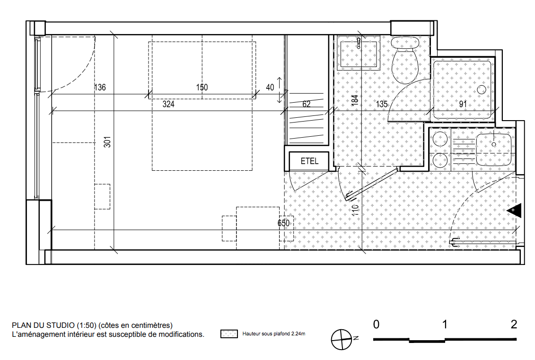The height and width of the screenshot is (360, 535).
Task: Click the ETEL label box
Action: click(309, 161)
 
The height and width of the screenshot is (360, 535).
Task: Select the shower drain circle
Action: click(482, 90)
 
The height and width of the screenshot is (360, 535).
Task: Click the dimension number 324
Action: click(168, 104)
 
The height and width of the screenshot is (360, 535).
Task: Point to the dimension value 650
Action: click(283, 223)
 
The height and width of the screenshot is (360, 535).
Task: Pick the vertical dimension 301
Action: click(107, 142)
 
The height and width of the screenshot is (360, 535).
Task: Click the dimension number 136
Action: click(100, 88)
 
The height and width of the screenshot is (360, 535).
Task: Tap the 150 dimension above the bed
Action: click(202, 88)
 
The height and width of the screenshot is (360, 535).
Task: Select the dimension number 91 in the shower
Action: click(463, 104)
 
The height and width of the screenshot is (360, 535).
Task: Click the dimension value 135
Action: click(382, 104)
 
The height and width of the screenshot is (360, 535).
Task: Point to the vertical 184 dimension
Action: click(355, 100)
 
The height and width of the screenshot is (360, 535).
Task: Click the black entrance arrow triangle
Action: click(514, 211)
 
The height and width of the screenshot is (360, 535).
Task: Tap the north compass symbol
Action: click(342, 340)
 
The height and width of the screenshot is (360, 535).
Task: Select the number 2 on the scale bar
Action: click(514, 324)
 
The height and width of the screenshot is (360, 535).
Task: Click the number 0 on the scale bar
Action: click(376, 324)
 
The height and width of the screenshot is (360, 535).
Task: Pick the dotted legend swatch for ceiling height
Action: click(229, 334)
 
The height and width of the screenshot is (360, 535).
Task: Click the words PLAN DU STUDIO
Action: click(43, 325)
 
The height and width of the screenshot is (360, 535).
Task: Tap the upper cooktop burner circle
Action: click(440, 139)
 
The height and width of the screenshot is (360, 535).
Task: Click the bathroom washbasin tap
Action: click(359, 43)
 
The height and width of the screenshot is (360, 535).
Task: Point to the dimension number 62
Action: click(307, 104)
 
